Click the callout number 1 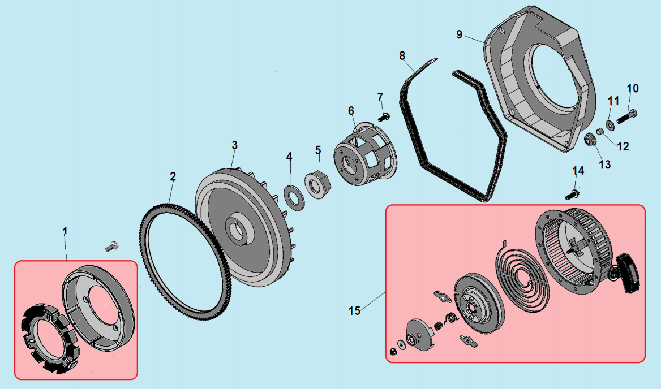[x=65, y=231]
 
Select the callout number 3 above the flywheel [x=234, y=145]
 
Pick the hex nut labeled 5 [x=318, y=184]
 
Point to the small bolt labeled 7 [x=384, y=116]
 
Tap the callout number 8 [x=402, y=56]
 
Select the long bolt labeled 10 [x=626, y=116]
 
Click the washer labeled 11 [x=610, y=124]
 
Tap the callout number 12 [x=623, y=146]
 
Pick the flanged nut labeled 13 [x=590, y=139]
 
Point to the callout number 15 [x=354, y=311]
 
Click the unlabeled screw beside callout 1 [x=110, y=246]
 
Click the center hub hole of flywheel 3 [x=239, y=231]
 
